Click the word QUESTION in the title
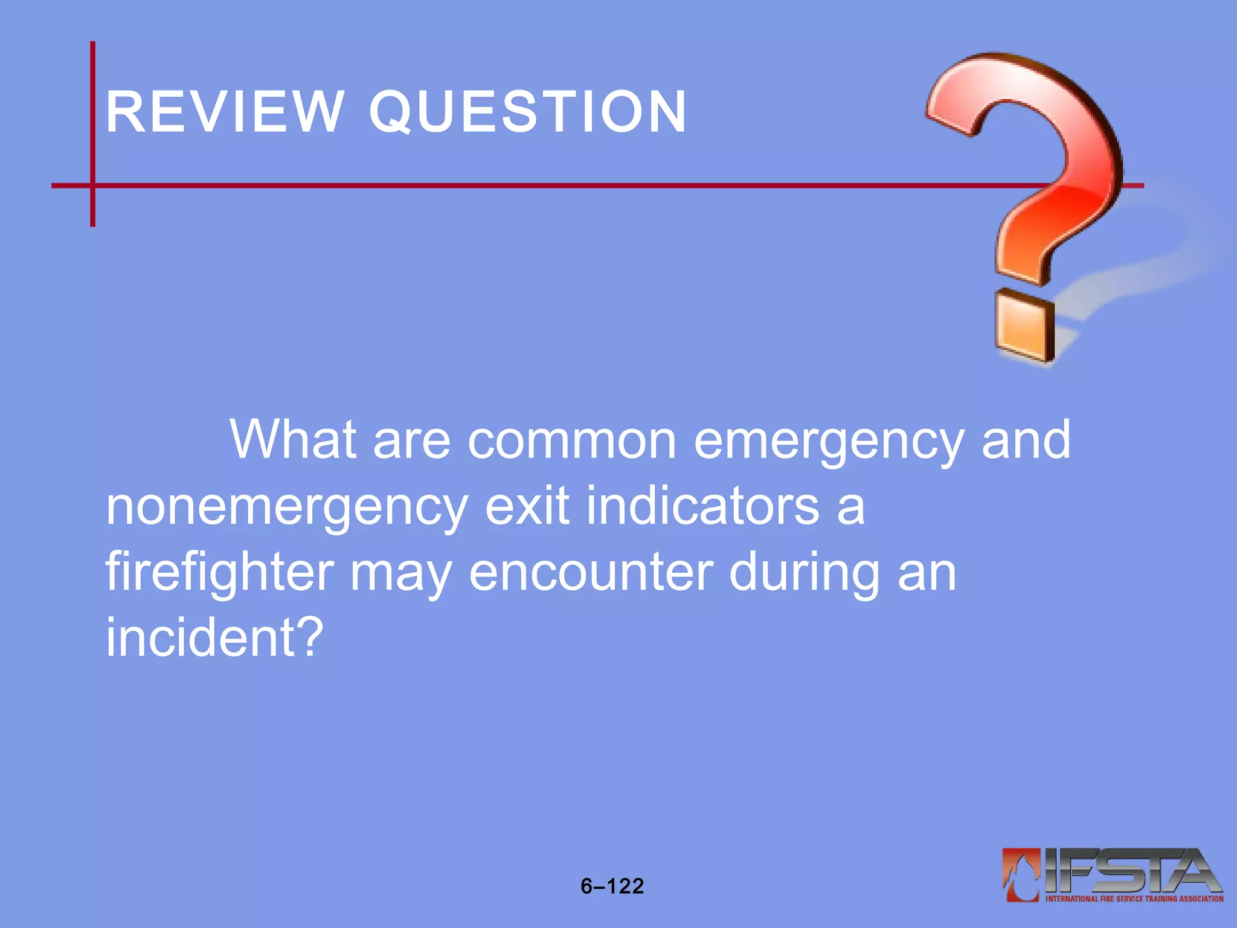(527, 112)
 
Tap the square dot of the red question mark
(1024, 326)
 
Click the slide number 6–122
(612, 886)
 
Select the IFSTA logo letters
(1129, 871)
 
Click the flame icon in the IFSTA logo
(1021, 874)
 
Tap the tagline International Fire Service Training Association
(1134, 899)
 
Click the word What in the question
(293, 440)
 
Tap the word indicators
(702, 506)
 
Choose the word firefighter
(220, 573)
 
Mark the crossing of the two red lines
(92, 185)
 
